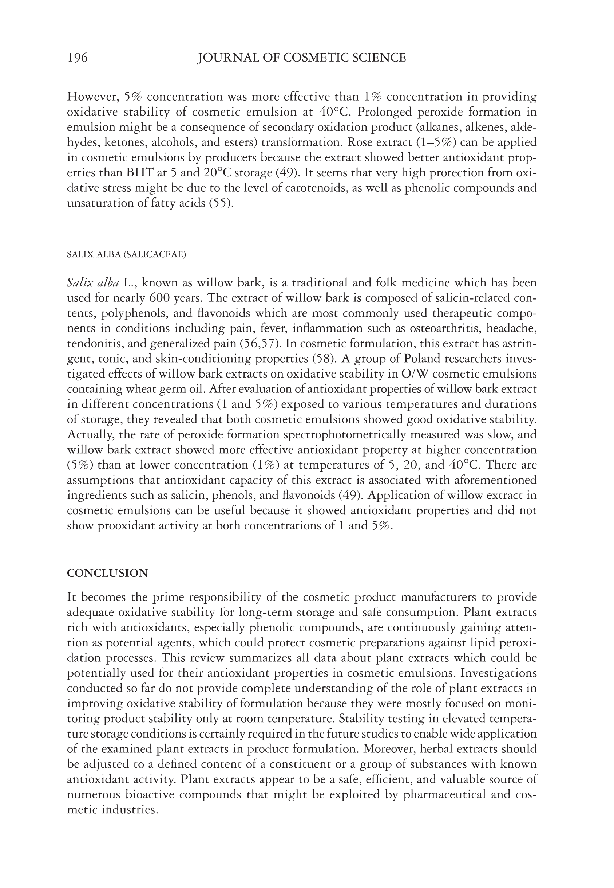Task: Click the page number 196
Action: click(x=77, y=58)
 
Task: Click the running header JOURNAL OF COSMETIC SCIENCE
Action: click(x=301, y=58)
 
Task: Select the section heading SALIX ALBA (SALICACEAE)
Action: click(x=126, y=255)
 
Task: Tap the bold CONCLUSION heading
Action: click(x=107, y=573)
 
